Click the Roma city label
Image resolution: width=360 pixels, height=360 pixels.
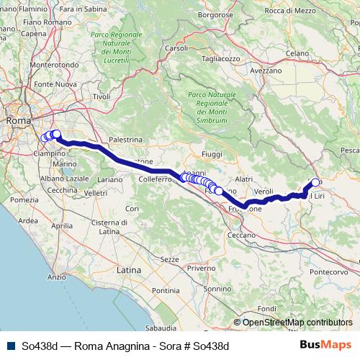click(18, 121)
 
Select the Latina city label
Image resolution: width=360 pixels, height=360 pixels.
click(129, 269)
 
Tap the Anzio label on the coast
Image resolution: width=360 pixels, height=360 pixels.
click(56, 276)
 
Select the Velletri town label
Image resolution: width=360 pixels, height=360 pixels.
click(95, 193)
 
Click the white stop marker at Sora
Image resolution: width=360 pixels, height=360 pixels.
click(315, 182)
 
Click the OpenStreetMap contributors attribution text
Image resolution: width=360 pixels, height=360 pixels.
click(297, 323)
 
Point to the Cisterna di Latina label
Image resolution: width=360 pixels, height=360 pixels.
click(109, 226)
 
